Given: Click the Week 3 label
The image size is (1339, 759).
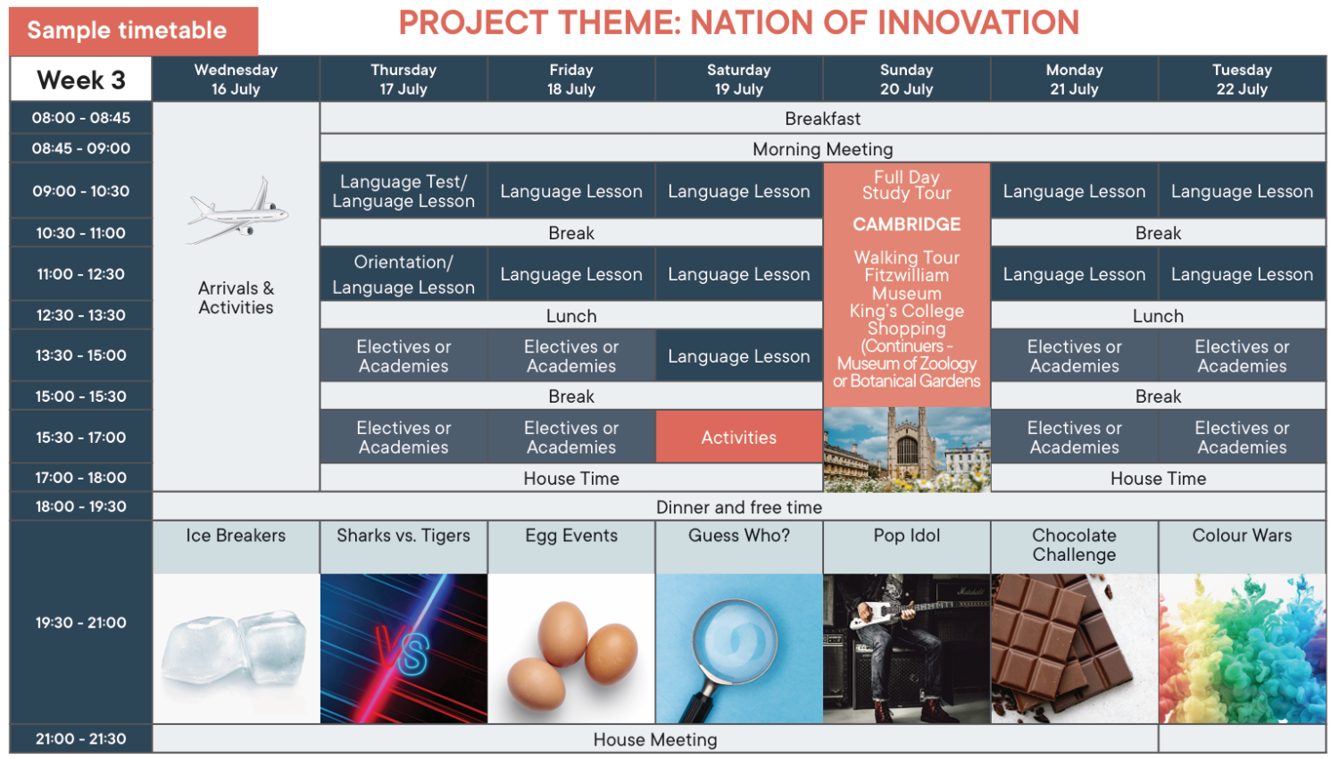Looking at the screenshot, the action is pos(80,79).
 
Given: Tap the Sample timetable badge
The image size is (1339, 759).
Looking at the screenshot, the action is pos(133,30).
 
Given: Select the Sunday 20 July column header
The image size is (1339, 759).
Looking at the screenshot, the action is pos(906,79).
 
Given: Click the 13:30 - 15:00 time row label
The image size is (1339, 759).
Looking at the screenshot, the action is pos(80,355).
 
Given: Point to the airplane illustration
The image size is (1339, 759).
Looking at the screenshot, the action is pos(238,210).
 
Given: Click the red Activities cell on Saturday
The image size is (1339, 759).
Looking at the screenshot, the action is pos(739,437).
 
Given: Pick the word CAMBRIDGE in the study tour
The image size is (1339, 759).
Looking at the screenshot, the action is pos(906,224).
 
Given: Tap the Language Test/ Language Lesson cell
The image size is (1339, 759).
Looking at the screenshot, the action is pos(403,191).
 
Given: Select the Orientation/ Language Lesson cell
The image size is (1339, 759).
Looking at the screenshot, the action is pos(403,274).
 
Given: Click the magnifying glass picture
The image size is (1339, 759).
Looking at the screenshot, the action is pos(739,649).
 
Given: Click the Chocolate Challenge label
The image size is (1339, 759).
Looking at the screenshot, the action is pos(1074,545).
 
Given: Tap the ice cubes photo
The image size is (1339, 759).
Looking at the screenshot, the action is pos(237,649).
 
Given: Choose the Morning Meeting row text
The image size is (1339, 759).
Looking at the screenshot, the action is pos(822,149).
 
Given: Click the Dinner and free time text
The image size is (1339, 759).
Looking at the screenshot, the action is pos(739,507).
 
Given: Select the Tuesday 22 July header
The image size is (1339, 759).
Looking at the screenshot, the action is pos(1242,79).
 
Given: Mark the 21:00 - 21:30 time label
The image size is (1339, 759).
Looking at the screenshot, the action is pos(80,738).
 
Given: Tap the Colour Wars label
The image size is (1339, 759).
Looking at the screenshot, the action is pos(1242,535).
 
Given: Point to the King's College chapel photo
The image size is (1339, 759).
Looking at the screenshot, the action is pos(906,450).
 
